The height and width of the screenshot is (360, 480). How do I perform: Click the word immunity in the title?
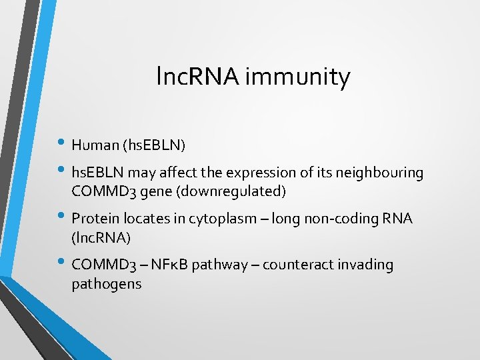[x=297, y=78]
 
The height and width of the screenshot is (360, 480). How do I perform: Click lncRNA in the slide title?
[x=199, y=77]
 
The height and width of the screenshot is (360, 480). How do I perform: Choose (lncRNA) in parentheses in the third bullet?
[x=101, y=237]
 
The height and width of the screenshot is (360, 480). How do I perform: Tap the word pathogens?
[x=106, y=283]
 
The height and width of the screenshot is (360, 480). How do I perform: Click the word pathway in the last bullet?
[x=217, y=265]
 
